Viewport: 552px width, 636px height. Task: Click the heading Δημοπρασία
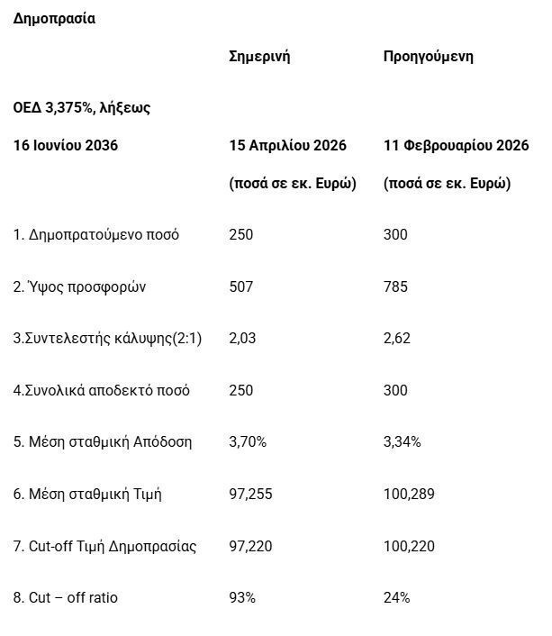coord(53,19)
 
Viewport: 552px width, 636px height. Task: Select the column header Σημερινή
coord(259,57)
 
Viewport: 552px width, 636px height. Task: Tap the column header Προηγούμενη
coord(428,57)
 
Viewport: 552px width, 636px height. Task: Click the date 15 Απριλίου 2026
coord(288,145)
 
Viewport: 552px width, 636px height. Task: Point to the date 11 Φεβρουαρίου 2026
coord(456,145)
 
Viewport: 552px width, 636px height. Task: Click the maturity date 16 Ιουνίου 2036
coord(66,145)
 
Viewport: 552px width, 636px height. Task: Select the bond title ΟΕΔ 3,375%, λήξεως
coord(81,107)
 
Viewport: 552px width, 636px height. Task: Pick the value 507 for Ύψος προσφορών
coord(241,286)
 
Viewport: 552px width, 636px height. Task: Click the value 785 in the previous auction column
coord(395,286)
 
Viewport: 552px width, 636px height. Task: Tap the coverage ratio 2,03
coord(242,339)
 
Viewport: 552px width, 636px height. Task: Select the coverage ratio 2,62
coord(397,339)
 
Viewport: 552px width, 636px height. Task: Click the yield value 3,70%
coord(248,442)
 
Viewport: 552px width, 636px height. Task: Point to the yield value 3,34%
coord(402,442)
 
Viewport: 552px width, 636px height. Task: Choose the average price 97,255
coord(251,495)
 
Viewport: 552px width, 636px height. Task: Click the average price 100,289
coord(409,495)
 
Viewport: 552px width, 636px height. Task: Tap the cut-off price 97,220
coord(251,546)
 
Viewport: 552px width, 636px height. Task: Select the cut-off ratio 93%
coord(243,597)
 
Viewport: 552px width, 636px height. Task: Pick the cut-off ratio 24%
coord(397,597)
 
